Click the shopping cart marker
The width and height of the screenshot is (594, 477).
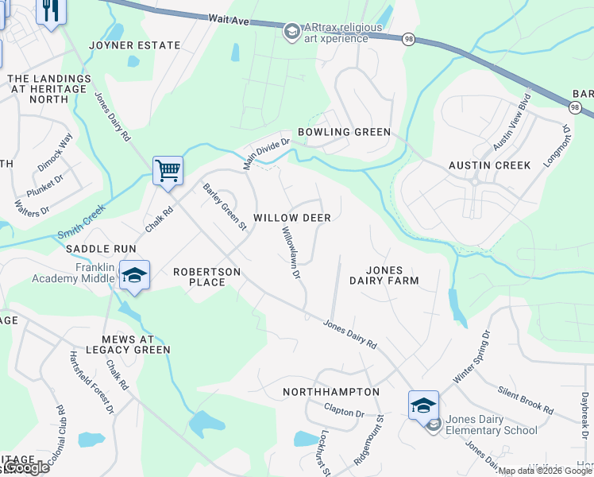pyautogui.click(x=168, y=170)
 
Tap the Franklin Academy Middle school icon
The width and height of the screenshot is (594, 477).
pyautogui.click(x=134, y=275)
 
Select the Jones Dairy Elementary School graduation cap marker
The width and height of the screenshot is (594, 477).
pyautogui.click(x=423, y=405)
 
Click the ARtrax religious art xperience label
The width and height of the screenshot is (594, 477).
pyautogui.click(x=336, y=33)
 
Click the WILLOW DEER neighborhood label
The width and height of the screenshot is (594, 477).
pyautogui.click(x=291, y=217)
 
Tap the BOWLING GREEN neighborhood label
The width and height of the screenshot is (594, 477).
pyautogui.click(x=344, y=132)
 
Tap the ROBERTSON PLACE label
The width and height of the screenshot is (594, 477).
pyautogui.click(x=206, y=276)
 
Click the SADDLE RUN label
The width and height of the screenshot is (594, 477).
pyautogui.click(x=101, y=249)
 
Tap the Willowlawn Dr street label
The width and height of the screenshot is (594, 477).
pyautogui.click(x=291, y=253)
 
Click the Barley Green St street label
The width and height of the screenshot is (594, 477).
pyautogui.click(x=225, y=207)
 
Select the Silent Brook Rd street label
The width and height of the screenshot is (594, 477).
pyautogui.click(x=526, y=400)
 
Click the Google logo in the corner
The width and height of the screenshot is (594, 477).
pyautogui.click(x=25, y=467)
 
